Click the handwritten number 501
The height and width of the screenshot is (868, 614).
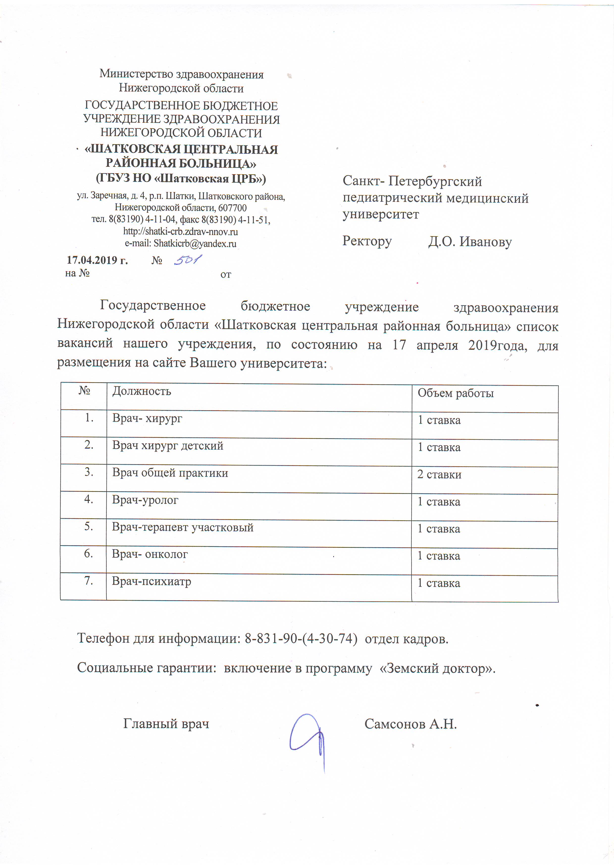[x=188, y=260]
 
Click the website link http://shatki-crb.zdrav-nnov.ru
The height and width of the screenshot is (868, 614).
[x=180, y=231]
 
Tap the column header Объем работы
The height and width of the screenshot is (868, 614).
[x=456, y=393]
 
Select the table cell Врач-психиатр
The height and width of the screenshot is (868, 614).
[x=151, y=581]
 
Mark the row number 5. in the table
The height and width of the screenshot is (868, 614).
[x=89, y=526]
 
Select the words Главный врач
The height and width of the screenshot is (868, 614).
[x=166, y=723]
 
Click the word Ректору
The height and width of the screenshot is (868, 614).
[x=367, y=241]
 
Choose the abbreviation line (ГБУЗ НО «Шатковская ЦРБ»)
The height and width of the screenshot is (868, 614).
[x=181, y=178]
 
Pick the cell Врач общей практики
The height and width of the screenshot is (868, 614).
[x=170, y=473]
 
